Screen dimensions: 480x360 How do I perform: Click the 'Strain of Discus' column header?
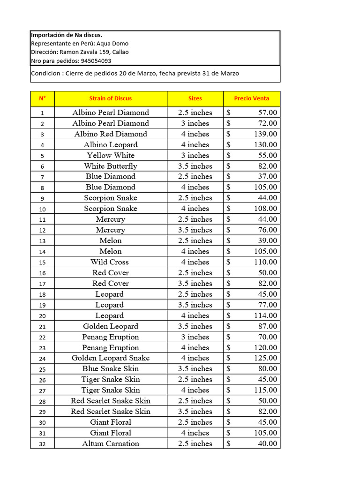click(x=111, y=98)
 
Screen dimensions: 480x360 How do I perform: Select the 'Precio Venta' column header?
click(x=252, y=98)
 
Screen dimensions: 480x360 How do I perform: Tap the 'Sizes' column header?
click(x=195, y=98)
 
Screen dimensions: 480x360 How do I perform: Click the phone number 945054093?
click(x=96, y=61)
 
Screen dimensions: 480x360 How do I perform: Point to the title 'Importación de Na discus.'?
click(x=67, y=35)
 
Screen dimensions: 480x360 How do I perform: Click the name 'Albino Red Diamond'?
click(x=111, y=134)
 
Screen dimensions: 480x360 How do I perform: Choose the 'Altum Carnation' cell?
click(x=111, y=443)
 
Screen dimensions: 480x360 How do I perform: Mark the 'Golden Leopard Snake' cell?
click(x=111, y=358)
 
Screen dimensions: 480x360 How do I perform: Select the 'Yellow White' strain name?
click(x=111, y=155)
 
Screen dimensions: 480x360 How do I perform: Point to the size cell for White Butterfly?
click(x=195, y=166)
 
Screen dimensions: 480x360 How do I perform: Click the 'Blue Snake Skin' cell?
click(x=111, y=369)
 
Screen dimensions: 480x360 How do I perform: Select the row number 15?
click(x=43, y=262)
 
